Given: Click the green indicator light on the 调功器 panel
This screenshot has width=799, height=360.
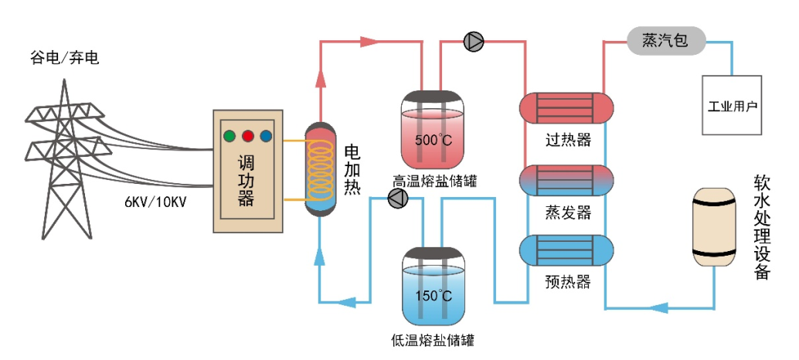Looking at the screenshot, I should coord(229,137).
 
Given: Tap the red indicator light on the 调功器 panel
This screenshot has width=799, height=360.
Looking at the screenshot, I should coord(248,137).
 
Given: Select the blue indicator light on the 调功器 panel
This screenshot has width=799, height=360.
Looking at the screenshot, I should coord(266,137).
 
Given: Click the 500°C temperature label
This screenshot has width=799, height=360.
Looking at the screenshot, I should coord(433,141).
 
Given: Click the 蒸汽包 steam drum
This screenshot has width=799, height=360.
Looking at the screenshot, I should coord(665,41).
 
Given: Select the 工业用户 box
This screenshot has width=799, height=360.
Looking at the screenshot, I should coord(732,105).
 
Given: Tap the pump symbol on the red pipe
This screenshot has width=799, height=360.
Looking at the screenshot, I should coord(474,42).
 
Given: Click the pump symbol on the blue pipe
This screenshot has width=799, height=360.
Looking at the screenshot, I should coord(397,199).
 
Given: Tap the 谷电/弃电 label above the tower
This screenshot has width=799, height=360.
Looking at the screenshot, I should coord(65,58).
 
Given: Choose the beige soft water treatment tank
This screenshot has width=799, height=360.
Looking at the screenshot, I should coord(715,228).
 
